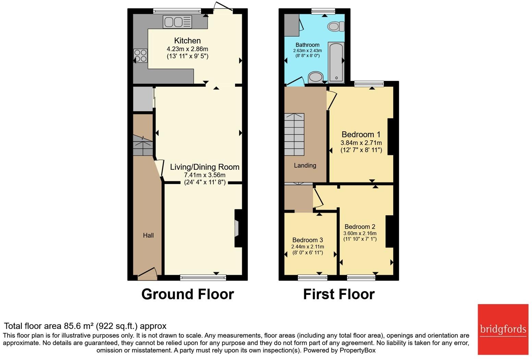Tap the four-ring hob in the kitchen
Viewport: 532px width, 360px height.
coord(140,56)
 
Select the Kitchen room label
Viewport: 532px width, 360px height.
coord(187,40)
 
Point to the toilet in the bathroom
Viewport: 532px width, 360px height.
coord(335,26)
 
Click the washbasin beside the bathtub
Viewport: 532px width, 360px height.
coord(315,77)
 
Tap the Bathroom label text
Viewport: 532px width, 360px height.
coord(307,45)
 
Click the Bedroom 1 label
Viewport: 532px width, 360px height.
coord(361,134)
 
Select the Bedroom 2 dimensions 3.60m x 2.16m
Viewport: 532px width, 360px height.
coord(360,233)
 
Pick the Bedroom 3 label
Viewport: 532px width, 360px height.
coord(307,240)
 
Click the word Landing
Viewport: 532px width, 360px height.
coord(305,166)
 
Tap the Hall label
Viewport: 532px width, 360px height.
coord(148,235)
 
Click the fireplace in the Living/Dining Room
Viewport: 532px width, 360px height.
coord(237,228)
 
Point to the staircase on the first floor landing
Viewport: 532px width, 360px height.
coord(294,134)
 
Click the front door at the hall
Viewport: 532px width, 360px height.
coord(147,273)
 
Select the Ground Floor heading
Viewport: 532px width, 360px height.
coord(187,294)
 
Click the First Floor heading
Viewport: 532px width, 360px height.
coord(339,294)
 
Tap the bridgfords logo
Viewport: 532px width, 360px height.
coord(503,329)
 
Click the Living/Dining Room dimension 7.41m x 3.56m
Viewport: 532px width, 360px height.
coord(205,175)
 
